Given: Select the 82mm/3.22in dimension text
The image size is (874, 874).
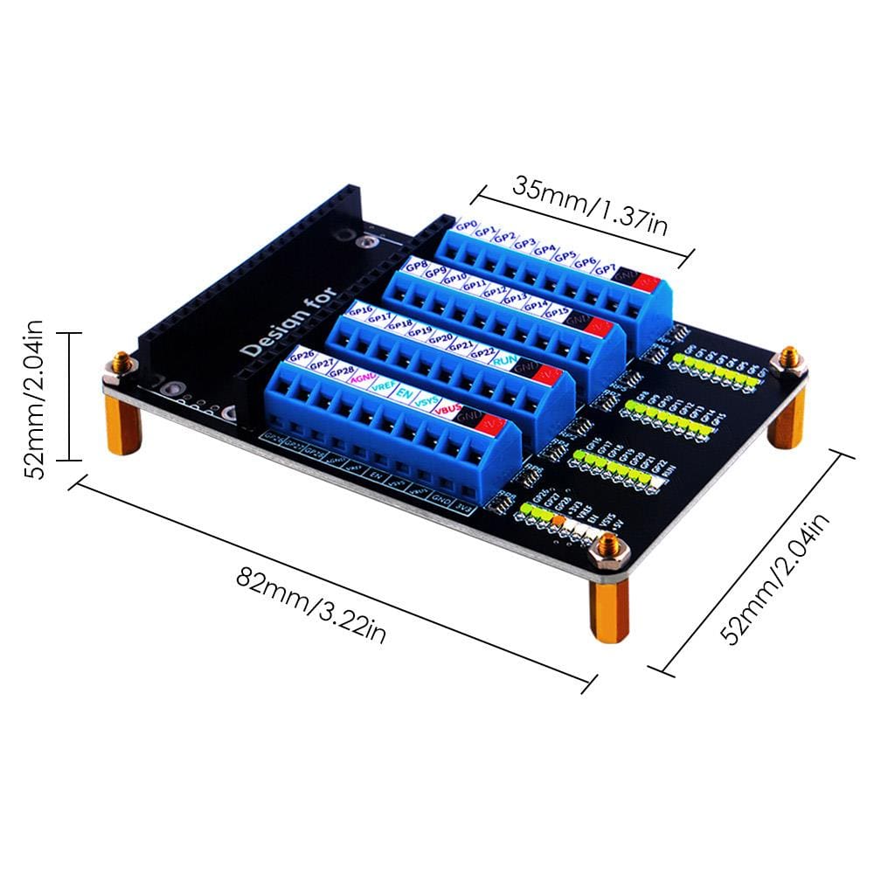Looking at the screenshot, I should pyautogui.click(x=311, y=593).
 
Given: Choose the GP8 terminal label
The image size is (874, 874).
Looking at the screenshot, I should pyautogui.click(x=416, y=265).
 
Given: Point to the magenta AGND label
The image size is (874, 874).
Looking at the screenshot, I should pyautogui.click(x=361, y=378).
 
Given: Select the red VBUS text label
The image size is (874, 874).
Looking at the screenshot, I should pyautogui.click(x=451, y=410).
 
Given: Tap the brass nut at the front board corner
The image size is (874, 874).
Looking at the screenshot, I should pyautogui.click(x=608, y=548).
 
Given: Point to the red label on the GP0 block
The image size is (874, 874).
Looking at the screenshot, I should pyautogui.click(x=648, y=281).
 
